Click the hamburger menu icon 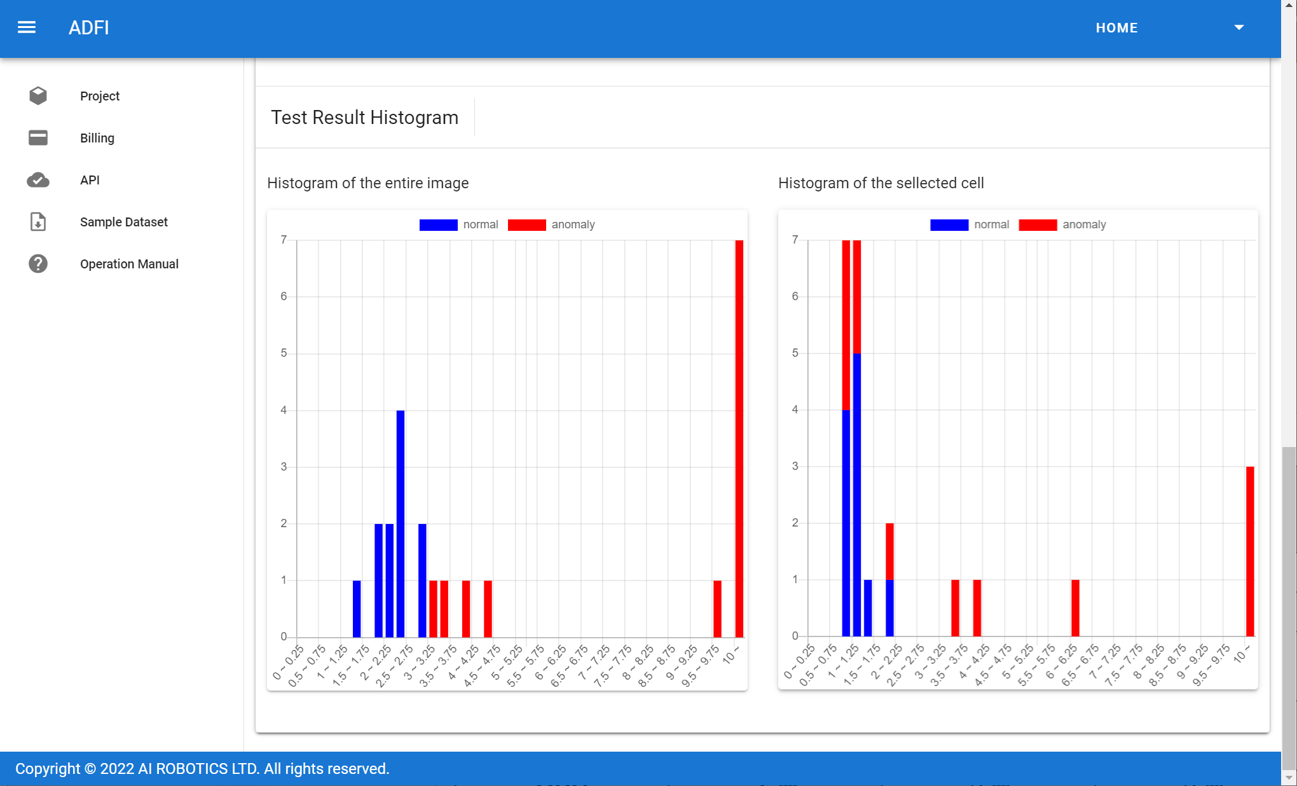[27, 27]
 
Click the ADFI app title [88, 28]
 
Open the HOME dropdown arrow [1239, 27]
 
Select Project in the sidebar [100, 96]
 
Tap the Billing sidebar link [97, 138]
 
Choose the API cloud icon [38, 180]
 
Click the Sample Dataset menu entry [123, 222]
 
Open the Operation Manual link [129, 264]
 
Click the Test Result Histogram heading [364, 118]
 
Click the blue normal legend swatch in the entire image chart [438, 224]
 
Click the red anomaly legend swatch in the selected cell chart [1038, 224]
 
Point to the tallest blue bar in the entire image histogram [401, 523]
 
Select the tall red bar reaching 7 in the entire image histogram [739, 438]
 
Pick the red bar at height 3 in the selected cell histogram [1250, 551]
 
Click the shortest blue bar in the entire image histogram [357, 608]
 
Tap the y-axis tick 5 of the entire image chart [284, 353]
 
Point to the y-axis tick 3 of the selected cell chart [795, 466]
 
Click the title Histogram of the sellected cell [881, 183]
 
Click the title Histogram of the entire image [367, 183]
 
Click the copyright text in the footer [202, 769]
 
